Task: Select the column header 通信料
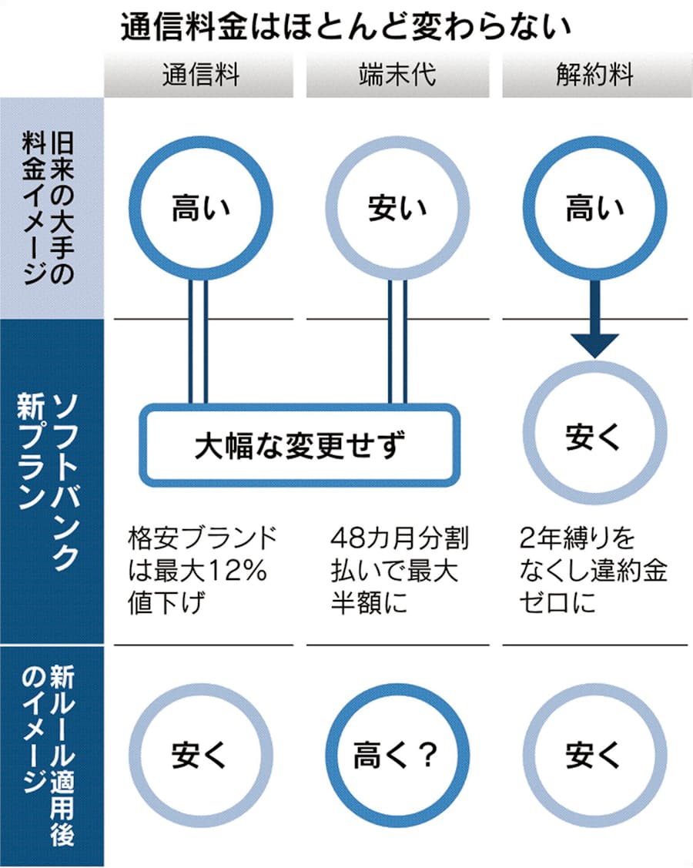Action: tap(200, 75)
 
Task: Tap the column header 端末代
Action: tap(397, 75)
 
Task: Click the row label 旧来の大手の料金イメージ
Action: tap(51, 208)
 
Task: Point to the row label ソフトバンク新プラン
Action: tap(51, 481)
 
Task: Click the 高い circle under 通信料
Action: tap(198, 209)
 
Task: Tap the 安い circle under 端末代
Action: tap(397, 209)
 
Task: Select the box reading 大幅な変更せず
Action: tap(299, 444)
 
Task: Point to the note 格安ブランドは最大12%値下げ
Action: tap(203, 569)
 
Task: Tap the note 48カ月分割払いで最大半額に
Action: tap(397, 569)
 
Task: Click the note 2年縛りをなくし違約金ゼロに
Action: tap(593, 569)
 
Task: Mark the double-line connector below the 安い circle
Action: tap(397, 339)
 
